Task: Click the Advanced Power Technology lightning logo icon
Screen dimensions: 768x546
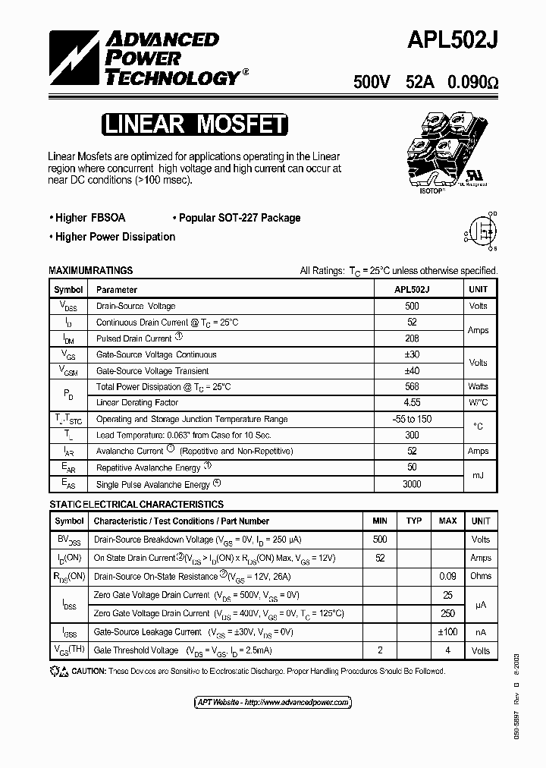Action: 74,57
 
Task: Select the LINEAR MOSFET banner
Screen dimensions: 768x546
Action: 194,124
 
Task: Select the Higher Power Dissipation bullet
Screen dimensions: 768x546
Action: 112,237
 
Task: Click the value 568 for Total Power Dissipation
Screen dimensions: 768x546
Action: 412,387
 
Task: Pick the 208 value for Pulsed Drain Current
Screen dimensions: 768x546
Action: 412,338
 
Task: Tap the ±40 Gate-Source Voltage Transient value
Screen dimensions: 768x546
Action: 412,371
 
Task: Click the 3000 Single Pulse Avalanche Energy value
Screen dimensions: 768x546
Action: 412,484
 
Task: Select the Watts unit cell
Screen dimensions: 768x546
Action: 478,387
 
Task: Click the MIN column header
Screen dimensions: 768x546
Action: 380,521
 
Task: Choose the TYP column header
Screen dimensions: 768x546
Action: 413,521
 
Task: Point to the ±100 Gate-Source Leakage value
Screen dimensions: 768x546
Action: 447,632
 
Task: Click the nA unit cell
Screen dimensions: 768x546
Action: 480,632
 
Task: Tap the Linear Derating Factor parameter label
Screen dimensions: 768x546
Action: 137,403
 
